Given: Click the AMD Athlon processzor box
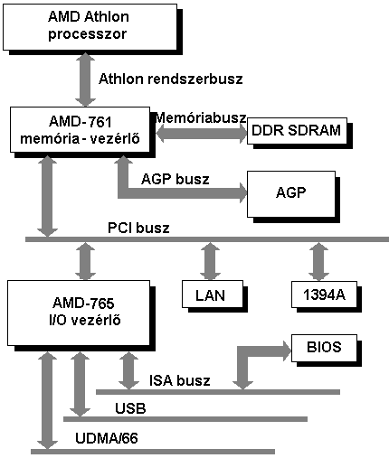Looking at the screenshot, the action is [x=90, y=27].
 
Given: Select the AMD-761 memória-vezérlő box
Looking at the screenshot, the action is [x=80, y=129].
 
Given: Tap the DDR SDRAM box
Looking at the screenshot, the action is [x=297, y=131].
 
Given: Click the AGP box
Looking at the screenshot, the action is [x=291, y=194].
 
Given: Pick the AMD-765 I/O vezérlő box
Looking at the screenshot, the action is [x=79, y=313].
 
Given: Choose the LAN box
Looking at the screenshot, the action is [x=213, y=294].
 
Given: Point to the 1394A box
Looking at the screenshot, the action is [x=324, y=294].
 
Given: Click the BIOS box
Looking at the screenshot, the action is [x=324, y=348].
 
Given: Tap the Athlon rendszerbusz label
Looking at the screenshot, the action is [x=171, y=79].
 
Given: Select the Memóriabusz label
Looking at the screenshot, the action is [x=201, y=117].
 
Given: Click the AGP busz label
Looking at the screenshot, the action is [x=176, y=179].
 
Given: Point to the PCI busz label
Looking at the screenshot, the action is [x=138, y=228].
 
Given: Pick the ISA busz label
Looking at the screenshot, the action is [x=180, y=380].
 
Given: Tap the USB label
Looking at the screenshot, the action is [x=130, y=408].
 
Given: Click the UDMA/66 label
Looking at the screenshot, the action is [x=107, y=438].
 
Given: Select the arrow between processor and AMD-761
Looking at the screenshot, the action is [x=85, y=79].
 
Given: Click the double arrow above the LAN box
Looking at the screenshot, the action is [x=210, y=262].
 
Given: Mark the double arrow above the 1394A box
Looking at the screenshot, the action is [x=318, y=262].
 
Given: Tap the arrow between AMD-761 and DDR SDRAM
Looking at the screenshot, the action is [x=202, y=135].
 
